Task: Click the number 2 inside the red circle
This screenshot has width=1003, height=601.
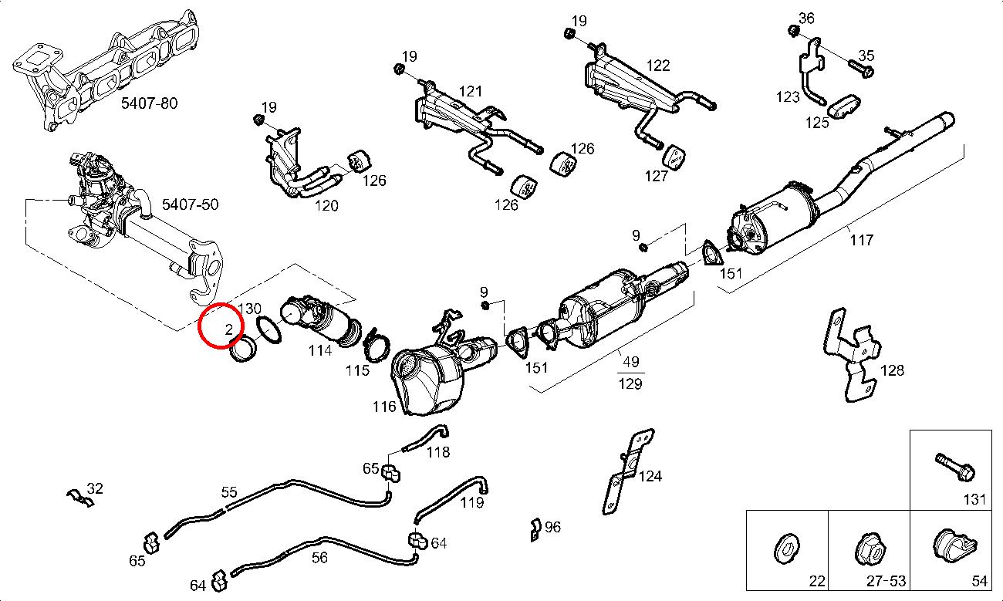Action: (228, 330)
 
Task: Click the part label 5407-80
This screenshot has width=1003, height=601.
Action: (148, 102)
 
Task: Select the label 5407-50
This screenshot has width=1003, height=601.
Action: (190, 204)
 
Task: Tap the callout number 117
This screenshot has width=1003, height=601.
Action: (861, 240)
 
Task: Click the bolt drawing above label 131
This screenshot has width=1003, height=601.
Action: (955, 465)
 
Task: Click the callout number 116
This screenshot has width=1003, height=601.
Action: (383, 407)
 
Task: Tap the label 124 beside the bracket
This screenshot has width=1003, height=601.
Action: (650, 476)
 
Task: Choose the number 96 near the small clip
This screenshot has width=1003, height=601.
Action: (552, 528)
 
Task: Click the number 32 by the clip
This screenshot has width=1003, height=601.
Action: (95, 488)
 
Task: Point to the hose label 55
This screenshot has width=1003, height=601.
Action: (229, 492)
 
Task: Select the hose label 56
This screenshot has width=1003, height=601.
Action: (318, 557)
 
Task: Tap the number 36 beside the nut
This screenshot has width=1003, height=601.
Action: (806, 19)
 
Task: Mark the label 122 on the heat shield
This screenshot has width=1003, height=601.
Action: (658, 66)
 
